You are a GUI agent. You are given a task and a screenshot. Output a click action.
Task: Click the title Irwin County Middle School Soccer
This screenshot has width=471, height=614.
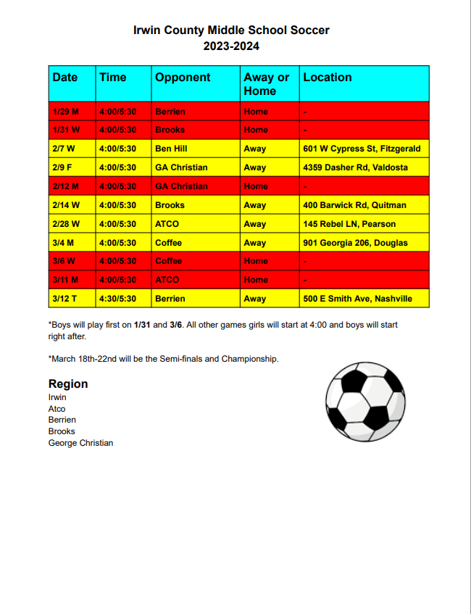[x=231, y=30]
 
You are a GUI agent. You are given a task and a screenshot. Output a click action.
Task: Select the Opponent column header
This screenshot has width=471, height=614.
[x=183, y=78]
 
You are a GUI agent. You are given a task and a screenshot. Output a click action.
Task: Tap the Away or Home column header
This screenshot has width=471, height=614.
[x=266, y=84]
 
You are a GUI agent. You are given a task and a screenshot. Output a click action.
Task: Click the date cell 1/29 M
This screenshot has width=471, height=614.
[x=65, y=112]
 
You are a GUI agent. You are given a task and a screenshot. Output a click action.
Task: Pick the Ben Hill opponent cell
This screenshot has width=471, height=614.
[x=171, y=149]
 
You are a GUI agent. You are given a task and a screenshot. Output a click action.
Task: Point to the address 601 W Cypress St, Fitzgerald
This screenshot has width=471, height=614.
[x=362, y=149]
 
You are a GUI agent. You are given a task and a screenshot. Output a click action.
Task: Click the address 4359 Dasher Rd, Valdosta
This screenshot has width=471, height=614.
[x=355, y=167]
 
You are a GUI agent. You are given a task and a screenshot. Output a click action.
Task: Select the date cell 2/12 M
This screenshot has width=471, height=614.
[x=65, y=186]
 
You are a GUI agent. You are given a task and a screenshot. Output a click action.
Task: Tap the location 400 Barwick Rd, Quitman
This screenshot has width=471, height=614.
[x=354, y=205]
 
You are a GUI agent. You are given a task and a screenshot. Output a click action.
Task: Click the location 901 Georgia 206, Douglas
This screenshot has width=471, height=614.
[x=355, y=243]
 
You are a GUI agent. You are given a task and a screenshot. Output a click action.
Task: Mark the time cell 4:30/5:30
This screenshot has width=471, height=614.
[x=117, y=299]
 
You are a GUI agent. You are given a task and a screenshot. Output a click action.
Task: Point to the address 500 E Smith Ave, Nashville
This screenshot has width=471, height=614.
[x=357, y=299]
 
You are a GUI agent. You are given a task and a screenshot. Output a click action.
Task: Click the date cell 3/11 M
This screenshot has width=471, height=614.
[x=65, y=280]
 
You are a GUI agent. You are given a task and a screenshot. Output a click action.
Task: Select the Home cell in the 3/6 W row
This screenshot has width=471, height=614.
[x=255, y=261]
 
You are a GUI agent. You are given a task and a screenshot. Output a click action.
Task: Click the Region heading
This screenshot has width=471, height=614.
[x=68, y=384]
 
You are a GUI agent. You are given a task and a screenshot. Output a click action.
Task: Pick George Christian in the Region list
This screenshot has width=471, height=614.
[x=80, y=443]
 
